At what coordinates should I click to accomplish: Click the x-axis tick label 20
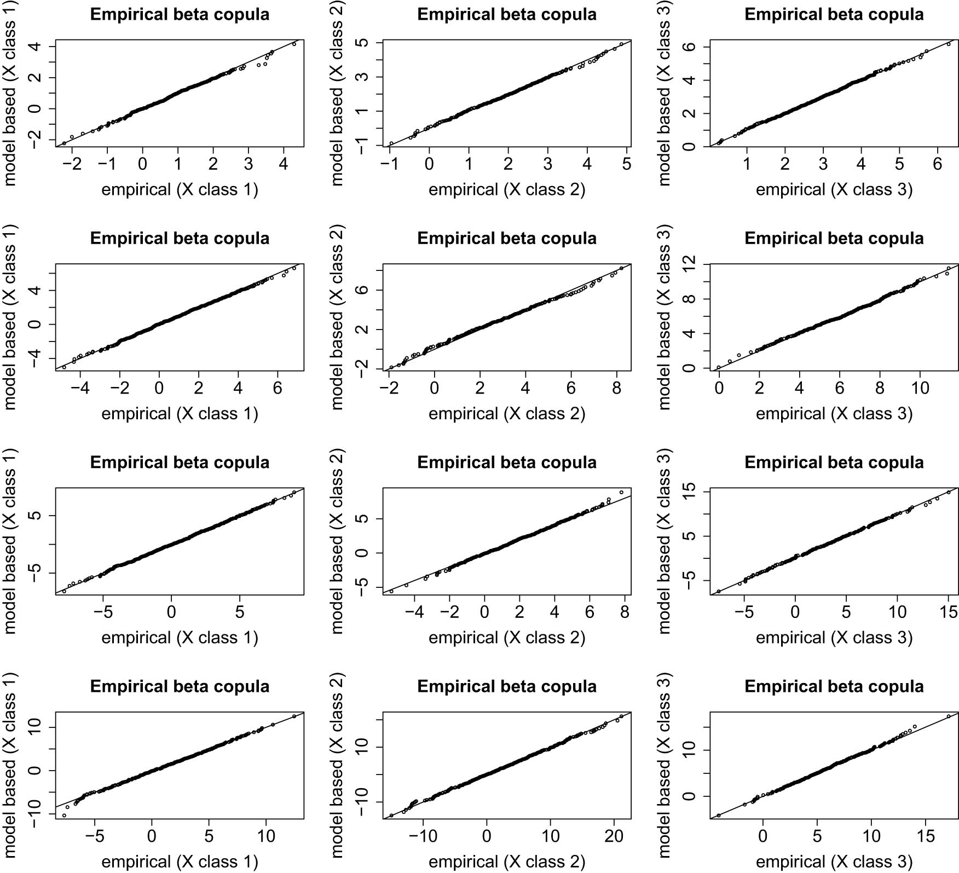(x=614, y=836)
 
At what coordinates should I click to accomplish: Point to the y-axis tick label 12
(x=691, y=264)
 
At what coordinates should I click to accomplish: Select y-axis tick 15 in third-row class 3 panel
(x=691, y=492)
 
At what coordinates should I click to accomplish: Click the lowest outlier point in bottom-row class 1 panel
(x=64, y=816)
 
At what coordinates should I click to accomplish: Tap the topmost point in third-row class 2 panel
(x=621, y=492)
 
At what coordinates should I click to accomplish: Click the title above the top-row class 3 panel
(x=834, y=14)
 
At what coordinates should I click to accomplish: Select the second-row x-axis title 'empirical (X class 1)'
(x=180, y=414)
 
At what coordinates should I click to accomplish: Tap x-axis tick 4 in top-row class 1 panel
(x=284, y=164)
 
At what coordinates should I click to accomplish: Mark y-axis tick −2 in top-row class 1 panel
(x=37, y=140)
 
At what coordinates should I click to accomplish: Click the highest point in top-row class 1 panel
(x=294, y=44)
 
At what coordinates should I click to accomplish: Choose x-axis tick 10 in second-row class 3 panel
(x=920, y=388)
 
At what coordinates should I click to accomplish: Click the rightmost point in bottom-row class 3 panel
(x=949, y=716)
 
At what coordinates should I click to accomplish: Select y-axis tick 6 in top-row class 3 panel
(x=691, y=47)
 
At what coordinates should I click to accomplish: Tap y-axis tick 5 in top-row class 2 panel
(x=364, y=43)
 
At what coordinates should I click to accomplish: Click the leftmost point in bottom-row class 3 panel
(x=719, y=816)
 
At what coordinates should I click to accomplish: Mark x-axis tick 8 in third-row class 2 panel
(x=625, y=612)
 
